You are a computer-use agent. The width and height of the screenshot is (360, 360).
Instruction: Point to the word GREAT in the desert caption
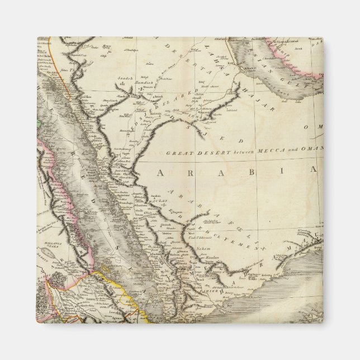180,152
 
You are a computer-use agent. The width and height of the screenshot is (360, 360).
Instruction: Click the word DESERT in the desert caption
210,152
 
